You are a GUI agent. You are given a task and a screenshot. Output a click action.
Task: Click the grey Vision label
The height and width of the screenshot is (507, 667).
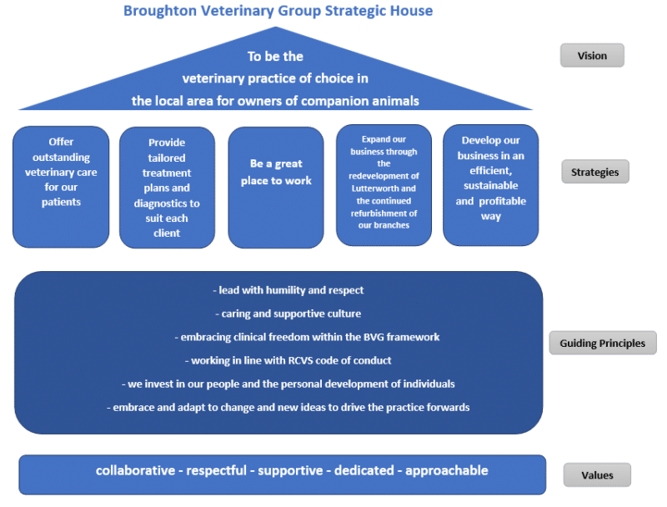pyautogui.click(x=592, y=55)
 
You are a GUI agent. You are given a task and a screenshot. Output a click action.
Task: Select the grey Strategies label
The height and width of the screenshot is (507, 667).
pyautogui.click(x=594, y=172)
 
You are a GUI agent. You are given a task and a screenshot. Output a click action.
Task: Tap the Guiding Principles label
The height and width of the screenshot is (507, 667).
pyautogui.click(x=602, y=343)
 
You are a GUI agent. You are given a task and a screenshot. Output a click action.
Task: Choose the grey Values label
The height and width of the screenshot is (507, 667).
pyautogui.click(x=597, y=474)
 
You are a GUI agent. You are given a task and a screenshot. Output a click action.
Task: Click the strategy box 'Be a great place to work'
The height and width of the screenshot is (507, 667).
pyautogui.click(x=276, y=187)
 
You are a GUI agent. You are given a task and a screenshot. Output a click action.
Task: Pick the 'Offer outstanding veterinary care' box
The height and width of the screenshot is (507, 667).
pyautogui.click(x=61, y=187)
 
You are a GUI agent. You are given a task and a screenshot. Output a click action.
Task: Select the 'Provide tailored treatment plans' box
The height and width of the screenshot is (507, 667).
pyautogui.click(x=167, y=188)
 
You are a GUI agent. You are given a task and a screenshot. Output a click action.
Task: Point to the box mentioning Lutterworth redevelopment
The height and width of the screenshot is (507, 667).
pyautogui.click(x=384, y=185)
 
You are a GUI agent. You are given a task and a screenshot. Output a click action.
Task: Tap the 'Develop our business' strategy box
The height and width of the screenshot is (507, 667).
pyautogui.click(x=490, y=185)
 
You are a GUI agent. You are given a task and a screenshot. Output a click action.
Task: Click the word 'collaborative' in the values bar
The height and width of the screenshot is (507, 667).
pyautogui.click(x=135, y=470)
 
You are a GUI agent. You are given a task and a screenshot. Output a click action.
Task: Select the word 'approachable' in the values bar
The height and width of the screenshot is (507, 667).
pyautogui.click(x=447, y=471)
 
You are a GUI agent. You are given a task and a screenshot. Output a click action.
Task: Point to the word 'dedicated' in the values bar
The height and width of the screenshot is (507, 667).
pyautogui.click(x=364, y=470)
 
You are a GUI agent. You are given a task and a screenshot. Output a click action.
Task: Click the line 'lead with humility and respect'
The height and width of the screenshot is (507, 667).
pyautogui.click(x=288, y=290)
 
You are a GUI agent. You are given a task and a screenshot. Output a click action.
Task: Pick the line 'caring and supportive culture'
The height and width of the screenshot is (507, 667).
pyautogui.click(x=288, y=314)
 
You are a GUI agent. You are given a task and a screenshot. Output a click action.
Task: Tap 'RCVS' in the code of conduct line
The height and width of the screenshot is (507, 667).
pyautogui.click(x=300, y=361)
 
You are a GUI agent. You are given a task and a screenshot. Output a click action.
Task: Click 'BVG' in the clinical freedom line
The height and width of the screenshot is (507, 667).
pyautogui.click(x=373, y=337)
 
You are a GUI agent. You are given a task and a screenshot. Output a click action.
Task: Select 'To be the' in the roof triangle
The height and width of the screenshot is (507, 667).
pyautogui.click(x=275, y=56)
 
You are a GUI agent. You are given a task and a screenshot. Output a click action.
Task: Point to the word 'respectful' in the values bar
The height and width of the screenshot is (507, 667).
pyautogui.click(x=217, y=471)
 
